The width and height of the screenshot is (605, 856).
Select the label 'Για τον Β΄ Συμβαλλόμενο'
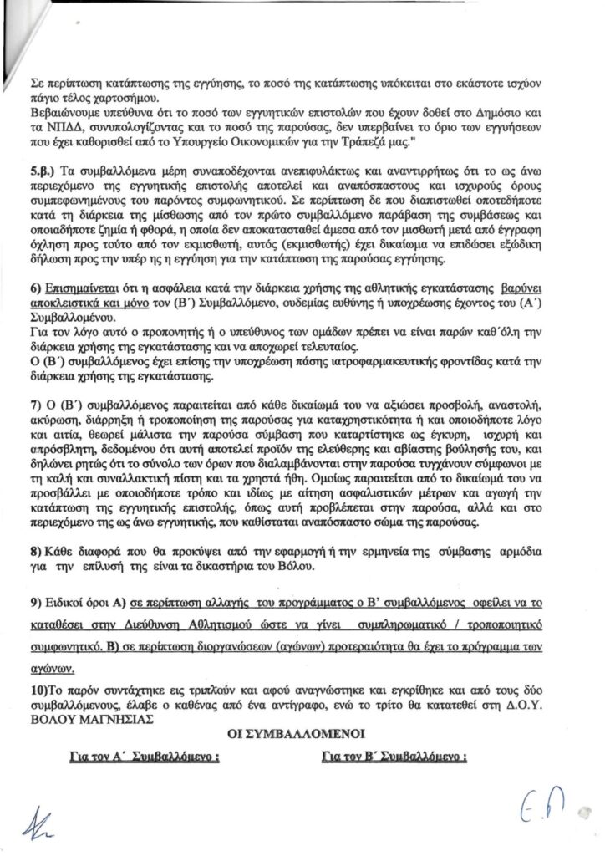[x=393, y=759]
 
